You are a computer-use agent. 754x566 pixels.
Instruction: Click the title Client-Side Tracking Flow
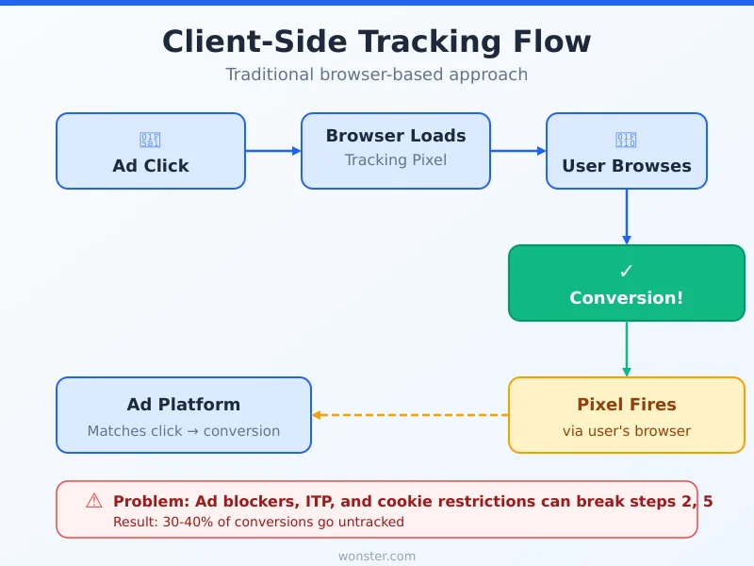(x=377, y=42)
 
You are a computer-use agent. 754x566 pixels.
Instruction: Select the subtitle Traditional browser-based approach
(x=377, y=75)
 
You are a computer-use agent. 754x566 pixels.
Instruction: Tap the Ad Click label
(x=151, y=166)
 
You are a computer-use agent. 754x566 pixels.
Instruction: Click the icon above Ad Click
(x=151, y=141)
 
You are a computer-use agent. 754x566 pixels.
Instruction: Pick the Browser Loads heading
(x=396, y=136)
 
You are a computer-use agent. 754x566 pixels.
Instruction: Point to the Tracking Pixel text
(x=396, y=160)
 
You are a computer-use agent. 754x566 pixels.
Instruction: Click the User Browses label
(x=627, y=166)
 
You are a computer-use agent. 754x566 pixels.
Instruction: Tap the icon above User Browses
(x=627, y=141)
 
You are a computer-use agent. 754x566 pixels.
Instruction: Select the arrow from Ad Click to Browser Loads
(x=273, y=151)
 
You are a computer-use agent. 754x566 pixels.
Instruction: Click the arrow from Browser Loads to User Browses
(x=518, y=151)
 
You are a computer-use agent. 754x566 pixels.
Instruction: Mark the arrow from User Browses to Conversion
(x=627, y=217)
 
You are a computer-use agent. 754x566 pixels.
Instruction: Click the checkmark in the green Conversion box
(x=627, y=272)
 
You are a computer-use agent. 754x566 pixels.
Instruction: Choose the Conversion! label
(x=627, y=298)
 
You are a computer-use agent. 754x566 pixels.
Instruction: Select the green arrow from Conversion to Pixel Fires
(x=627, y=349)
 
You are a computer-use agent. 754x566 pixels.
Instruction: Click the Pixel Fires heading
(x=627, y=405)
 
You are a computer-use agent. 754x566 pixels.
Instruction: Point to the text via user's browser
(x=627, y=431)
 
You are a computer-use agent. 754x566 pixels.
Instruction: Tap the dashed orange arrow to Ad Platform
(x=410, y=415)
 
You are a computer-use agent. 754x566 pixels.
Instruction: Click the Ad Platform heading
(x=184, y=405)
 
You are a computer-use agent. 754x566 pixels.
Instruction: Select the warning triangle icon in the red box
(x=94, y=501)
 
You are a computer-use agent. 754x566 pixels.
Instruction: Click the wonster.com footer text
(x=377, y=557)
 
